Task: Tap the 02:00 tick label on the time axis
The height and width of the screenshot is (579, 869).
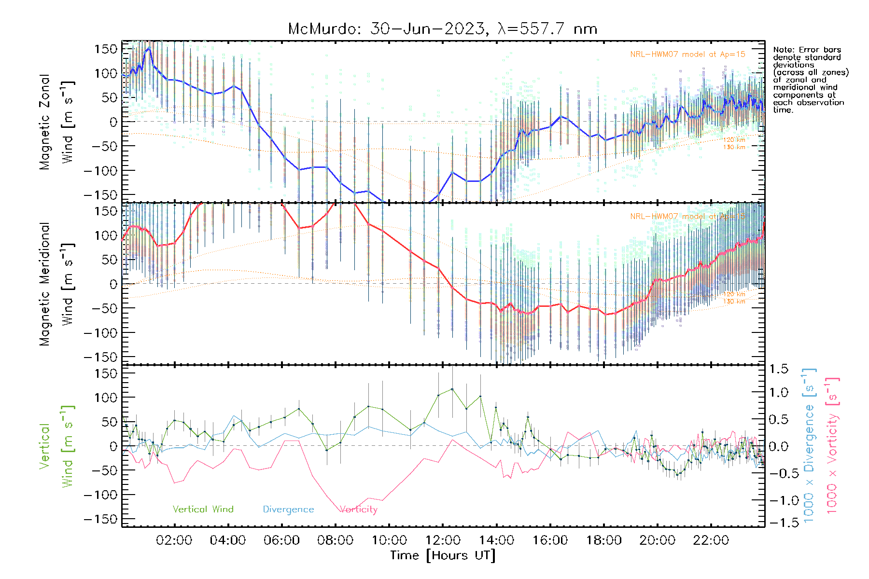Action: (x=174, y=540)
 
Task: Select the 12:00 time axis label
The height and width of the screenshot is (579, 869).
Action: (x=443, y=540)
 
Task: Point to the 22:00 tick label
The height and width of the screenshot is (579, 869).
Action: (x=711, y=540)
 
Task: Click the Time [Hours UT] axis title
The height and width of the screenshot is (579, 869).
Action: (x=443, y=555)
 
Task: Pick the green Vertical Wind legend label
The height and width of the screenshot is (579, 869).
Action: (x=203, y=510)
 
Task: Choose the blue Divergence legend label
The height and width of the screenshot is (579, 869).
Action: (x=288, y=510)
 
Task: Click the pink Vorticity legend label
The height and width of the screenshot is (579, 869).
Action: (x=358, y=510)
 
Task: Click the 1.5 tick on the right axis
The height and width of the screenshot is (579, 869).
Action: (x=778, y=369)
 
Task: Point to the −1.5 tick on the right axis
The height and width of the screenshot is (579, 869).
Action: (x=778, y=523)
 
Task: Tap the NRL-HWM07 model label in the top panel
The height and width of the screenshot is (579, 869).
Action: (x=687, y=55)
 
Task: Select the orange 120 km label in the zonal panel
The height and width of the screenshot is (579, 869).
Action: (x=734, y=140)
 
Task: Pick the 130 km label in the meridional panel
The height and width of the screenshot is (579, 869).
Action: (x=734, y=302)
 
